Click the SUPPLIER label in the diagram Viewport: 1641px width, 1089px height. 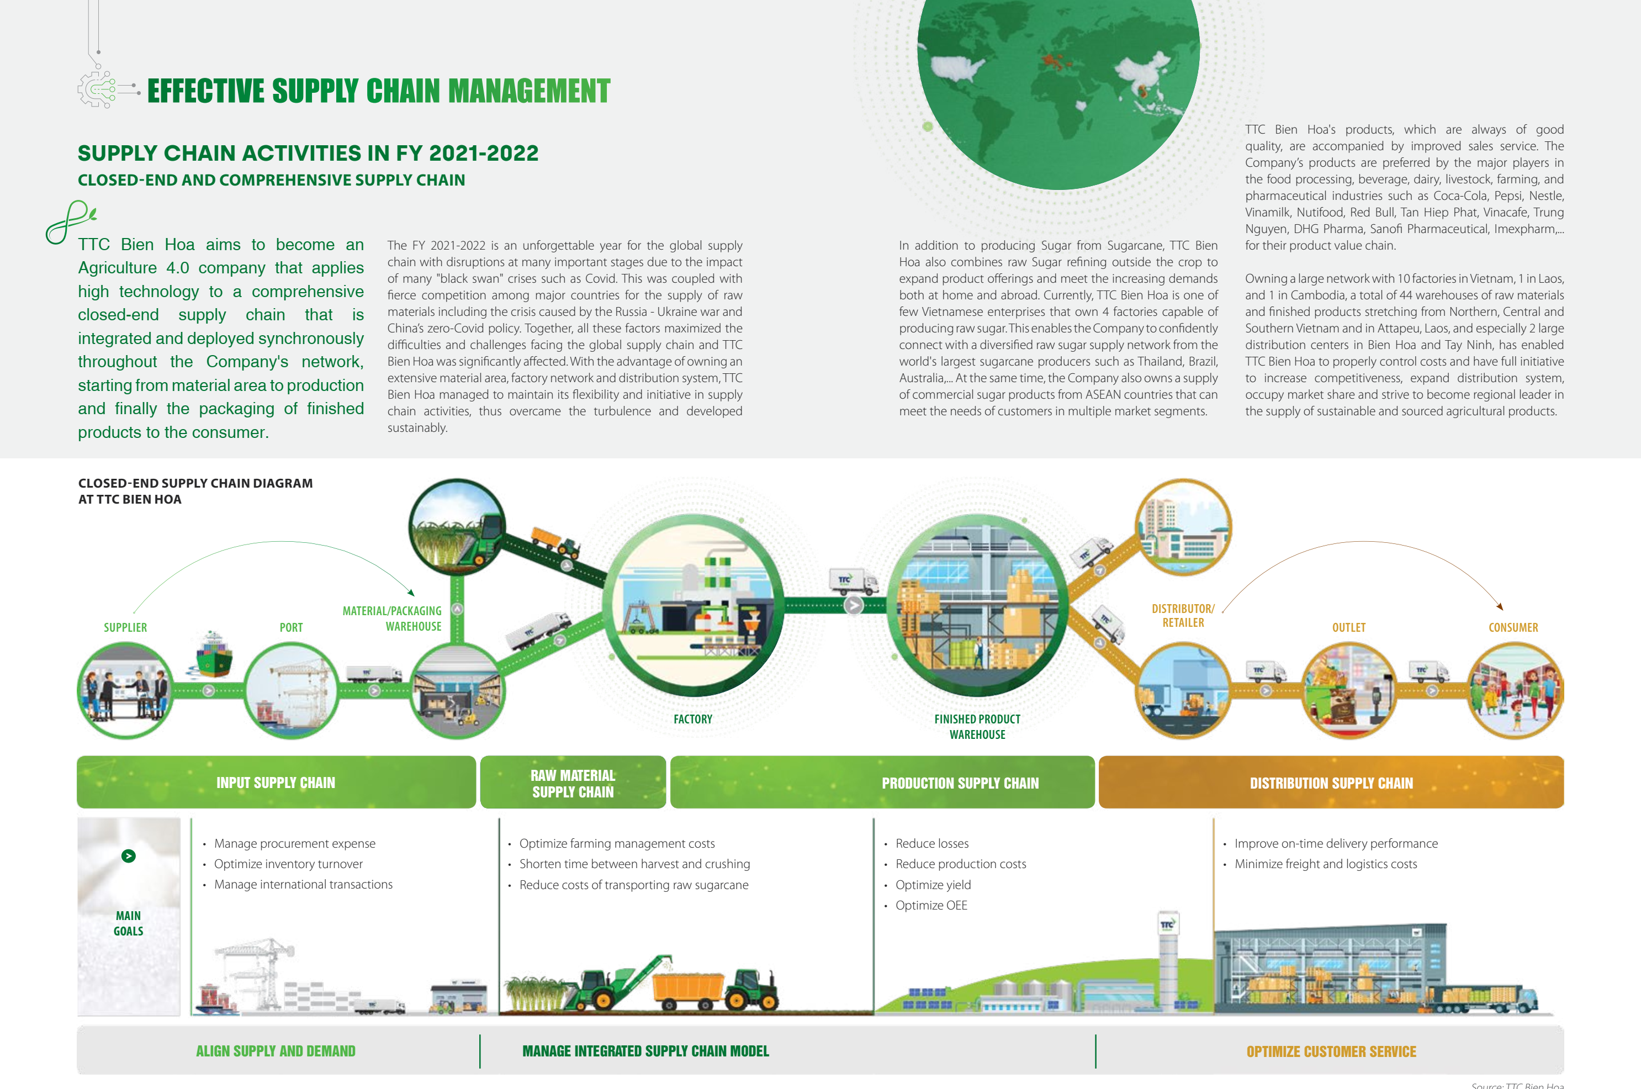point(125,627)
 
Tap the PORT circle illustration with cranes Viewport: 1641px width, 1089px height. point(291,690)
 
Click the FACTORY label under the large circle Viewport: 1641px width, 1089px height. point(692,719)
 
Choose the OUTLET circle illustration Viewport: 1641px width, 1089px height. point(1348,690)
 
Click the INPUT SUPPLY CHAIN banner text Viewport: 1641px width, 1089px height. point(276,783)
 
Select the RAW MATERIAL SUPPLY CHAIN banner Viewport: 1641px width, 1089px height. point(573,783)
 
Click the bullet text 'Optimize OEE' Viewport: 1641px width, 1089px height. point(931,905)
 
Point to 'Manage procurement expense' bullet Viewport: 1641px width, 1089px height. point(294,843)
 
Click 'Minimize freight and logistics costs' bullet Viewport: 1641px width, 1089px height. point(1326,864)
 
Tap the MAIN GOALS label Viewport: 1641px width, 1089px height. point(129,923)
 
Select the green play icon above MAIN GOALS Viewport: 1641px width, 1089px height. point(129,855)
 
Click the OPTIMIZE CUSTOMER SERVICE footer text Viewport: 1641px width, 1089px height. point(1331,1051)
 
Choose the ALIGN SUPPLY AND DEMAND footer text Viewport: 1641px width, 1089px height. point(276,1051)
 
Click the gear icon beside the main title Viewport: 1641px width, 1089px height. point(97,89)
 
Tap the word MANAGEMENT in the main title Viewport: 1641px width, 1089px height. point(529,91)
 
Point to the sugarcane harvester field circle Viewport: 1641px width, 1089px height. point(456,526)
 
